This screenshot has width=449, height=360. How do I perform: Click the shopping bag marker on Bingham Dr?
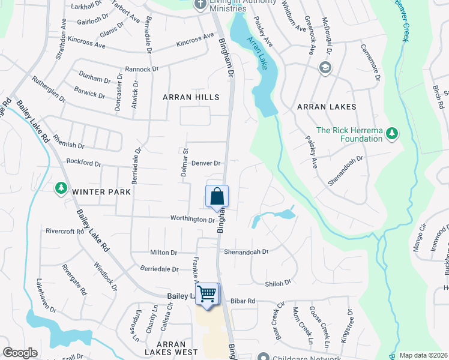pyautogui.click(x=217, y=196)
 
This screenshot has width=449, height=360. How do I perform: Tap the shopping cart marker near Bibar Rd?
pyautogui.click(x=207, y=294)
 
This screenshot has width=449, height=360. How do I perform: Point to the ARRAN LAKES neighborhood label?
pyautogui.click(x=327, y=107)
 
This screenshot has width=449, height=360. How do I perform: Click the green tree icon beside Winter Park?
pyautogui.click(x=61, y=189)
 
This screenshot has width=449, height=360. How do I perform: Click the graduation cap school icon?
pyautogui.click(x=325, y=67)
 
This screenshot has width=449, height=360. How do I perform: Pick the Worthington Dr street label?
pyautogui.click(x=192, y=220)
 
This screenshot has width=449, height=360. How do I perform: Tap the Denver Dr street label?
pyautogui.click(x=206, y=163)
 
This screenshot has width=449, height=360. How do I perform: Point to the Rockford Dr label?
pyautogui.click(x=83, y=163)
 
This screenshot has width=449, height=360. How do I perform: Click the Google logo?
pyautogui.click(x=20, y=353)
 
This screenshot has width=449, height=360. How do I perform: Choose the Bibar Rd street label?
pyautogui.click(x=243, y=301)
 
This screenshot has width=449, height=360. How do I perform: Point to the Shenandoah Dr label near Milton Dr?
pyautogui.click(x=246, y=253)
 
